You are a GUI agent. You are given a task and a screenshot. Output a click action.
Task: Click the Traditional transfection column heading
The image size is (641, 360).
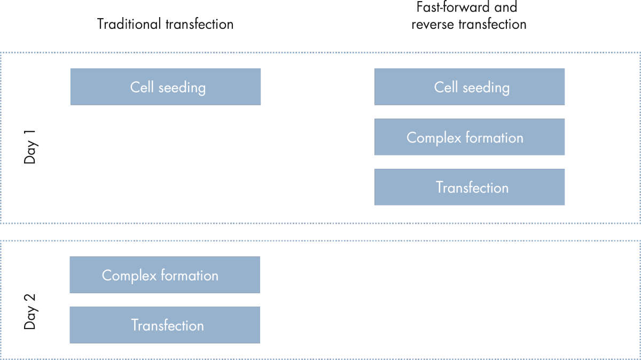[x=165, y=24]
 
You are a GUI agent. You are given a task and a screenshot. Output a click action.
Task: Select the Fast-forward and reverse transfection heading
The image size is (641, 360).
[x=468, y=15]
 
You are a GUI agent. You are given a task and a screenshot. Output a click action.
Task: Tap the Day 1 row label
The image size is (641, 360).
[x=30, y=147]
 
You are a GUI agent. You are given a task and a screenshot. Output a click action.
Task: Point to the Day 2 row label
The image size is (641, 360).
[x=30, y=311]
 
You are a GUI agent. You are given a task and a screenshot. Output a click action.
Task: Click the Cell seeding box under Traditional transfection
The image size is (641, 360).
[x=166, y=87]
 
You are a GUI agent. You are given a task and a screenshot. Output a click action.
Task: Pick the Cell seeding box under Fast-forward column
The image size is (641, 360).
[x=470, y=87]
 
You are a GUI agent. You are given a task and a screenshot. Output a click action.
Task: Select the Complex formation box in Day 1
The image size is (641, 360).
[x=470, y=137]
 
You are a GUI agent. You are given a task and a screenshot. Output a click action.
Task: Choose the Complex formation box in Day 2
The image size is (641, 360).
[x=165, y=275]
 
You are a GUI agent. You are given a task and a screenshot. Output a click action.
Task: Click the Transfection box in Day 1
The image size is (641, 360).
[x=470, y=187]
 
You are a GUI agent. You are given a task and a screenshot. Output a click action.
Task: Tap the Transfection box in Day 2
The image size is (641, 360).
[x=165, y=325]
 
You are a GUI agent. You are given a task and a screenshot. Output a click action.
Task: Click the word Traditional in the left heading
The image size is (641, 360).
[x=129, y=24]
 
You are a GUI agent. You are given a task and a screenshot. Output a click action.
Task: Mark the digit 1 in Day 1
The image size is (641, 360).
[x=30, y=134]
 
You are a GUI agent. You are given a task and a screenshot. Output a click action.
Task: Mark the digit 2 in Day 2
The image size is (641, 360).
[x=30, y=299]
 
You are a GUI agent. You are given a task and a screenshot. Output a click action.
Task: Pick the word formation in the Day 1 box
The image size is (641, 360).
[x=495, y=138]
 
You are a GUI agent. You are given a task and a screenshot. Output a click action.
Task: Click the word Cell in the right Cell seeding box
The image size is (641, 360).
[x=446, y=87]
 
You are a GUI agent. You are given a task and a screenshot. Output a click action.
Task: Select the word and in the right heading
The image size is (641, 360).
[x=506, y=7]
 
